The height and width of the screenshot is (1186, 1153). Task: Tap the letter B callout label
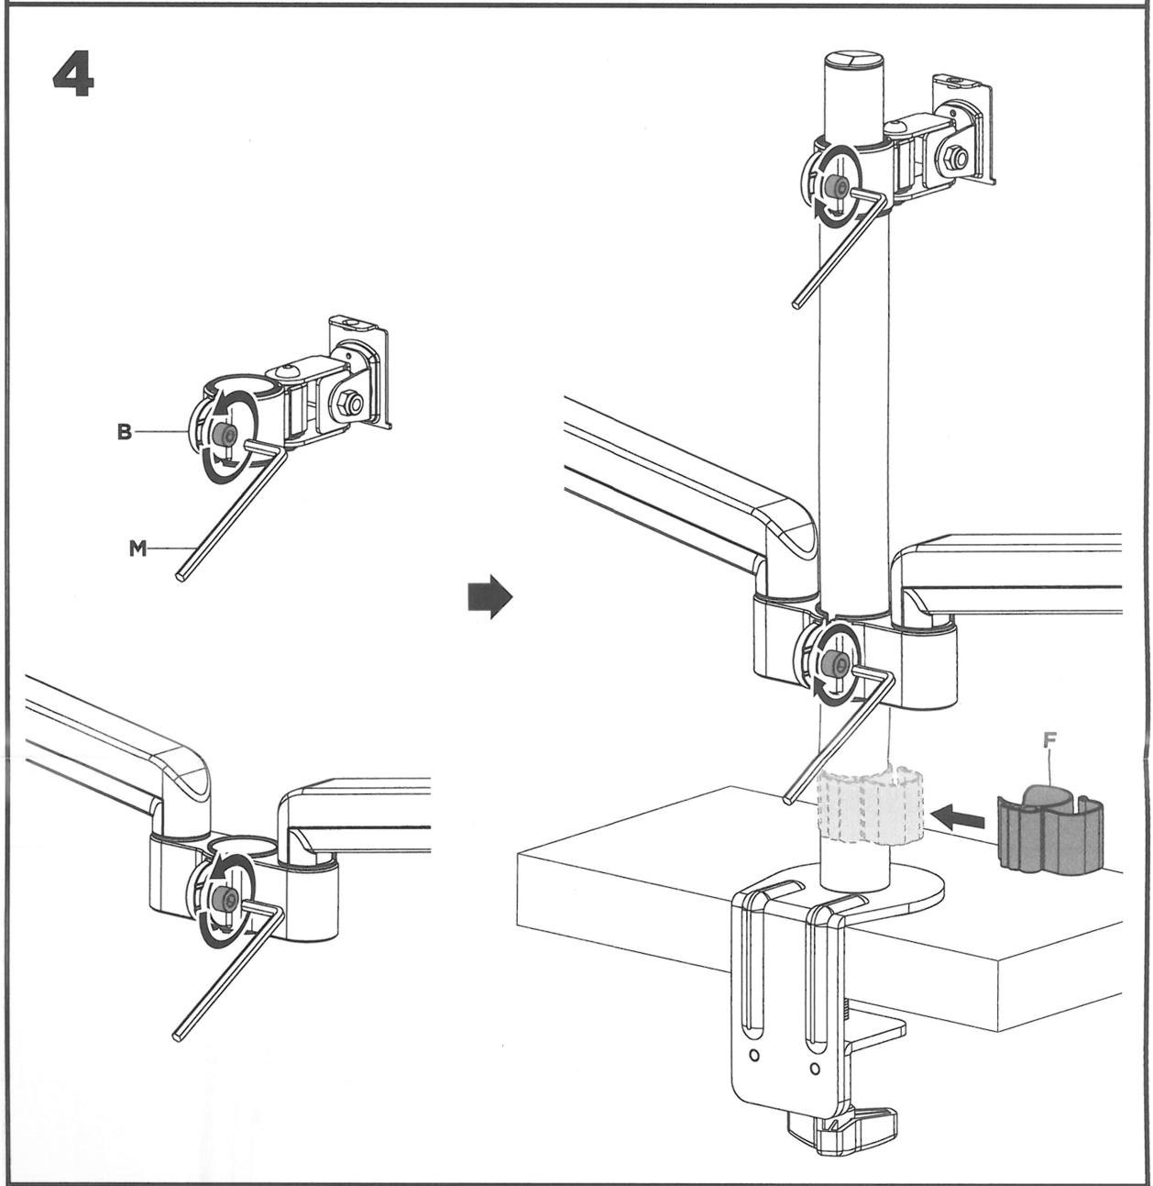[x=124, y=432]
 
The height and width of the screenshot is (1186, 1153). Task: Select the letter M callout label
[x=138, y=549]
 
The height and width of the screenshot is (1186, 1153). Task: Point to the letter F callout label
[x=1049, y=740]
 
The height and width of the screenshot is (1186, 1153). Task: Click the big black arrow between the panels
[x=489, y=595]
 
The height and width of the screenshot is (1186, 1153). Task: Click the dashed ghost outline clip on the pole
[x=870, y=807]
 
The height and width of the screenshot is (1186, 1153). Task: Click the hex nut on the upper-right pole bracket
[x=957, y=159]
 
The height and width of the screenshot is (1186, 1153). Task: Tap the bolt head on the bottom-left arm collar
[x=224, y=898]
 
